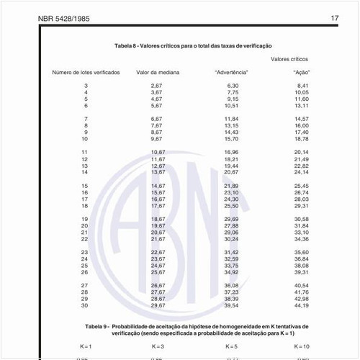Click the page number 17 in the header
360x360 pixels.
point(335,18)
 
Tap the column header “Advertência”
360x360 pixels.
point(232,72)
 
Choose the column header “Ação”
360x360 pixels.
point(302,72)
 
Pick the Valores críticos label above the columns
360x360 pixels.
point(290,59)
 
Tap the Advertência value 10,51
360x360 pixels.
point(231,105)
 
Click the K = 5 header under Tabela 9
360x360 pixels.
point(231,346)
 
